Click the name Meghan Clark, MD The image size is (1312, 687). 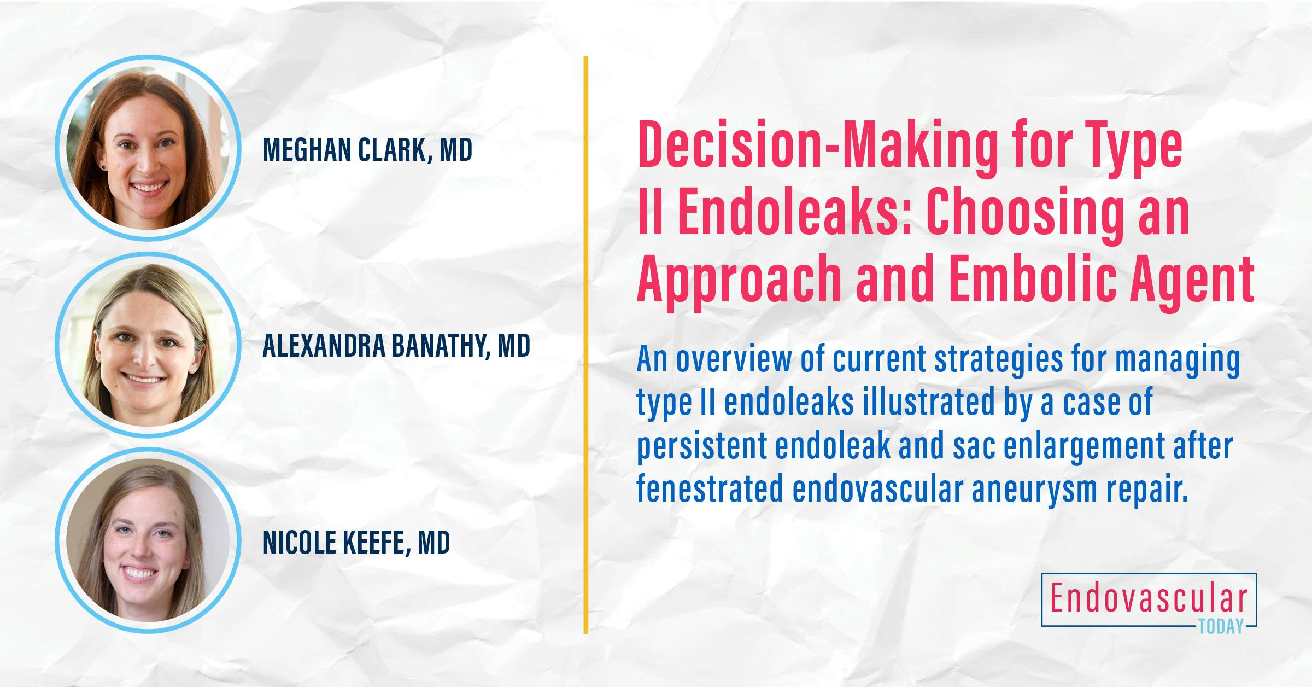tap(367, 150)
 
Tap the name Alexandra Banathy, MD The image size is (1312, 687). tap(396, 346)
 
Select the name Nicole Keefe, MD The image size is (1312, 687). tap(356, 542)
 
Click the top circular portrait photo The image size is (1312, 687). tap(148, 148)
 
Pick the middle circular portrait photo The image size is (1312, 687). tap(148, 345)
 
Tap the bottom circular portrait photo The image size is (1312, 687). tap(148, 540)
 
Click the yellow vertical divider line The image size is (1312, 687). tap(585, 345)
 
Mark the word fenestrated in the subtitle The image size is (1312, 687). tap(710, 488)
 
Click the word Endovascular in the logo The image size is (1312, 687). tap(1149, 599)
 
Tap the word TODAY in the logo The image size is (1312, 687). tap(1221, 627)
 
